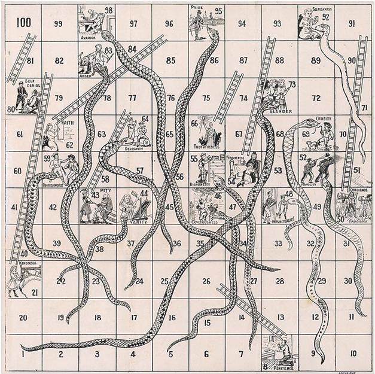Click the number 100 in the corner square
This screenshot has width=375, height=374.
click(x=24, y=23)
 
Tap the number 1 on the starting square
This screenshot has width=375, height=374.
click(x=22, y=353)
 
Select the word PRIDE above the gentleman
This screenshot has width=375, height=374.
click(x=198, y=8)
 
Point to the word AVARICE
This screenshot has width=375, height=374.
click(x=89, y=37)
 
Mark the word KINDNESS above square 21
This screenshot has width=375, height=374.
click(x=27, y=263)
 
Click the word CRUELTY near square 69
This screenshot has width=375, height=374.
click(x=324, y=119)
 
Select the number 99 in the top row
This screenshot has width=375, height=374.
click(x=59, y=23)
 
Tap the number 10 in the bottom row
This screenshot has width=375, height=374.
click(x=353, y=353)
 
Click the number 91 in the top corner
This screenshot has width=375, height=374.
click(x=353, y=23)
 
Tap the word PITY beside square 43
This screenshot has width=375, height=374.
click(x=106, y=190)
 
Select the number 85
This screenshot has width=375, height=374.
click(x=171, y=60)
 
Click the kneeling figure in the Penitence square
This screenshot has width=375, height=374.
click(x=285, y=350)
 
